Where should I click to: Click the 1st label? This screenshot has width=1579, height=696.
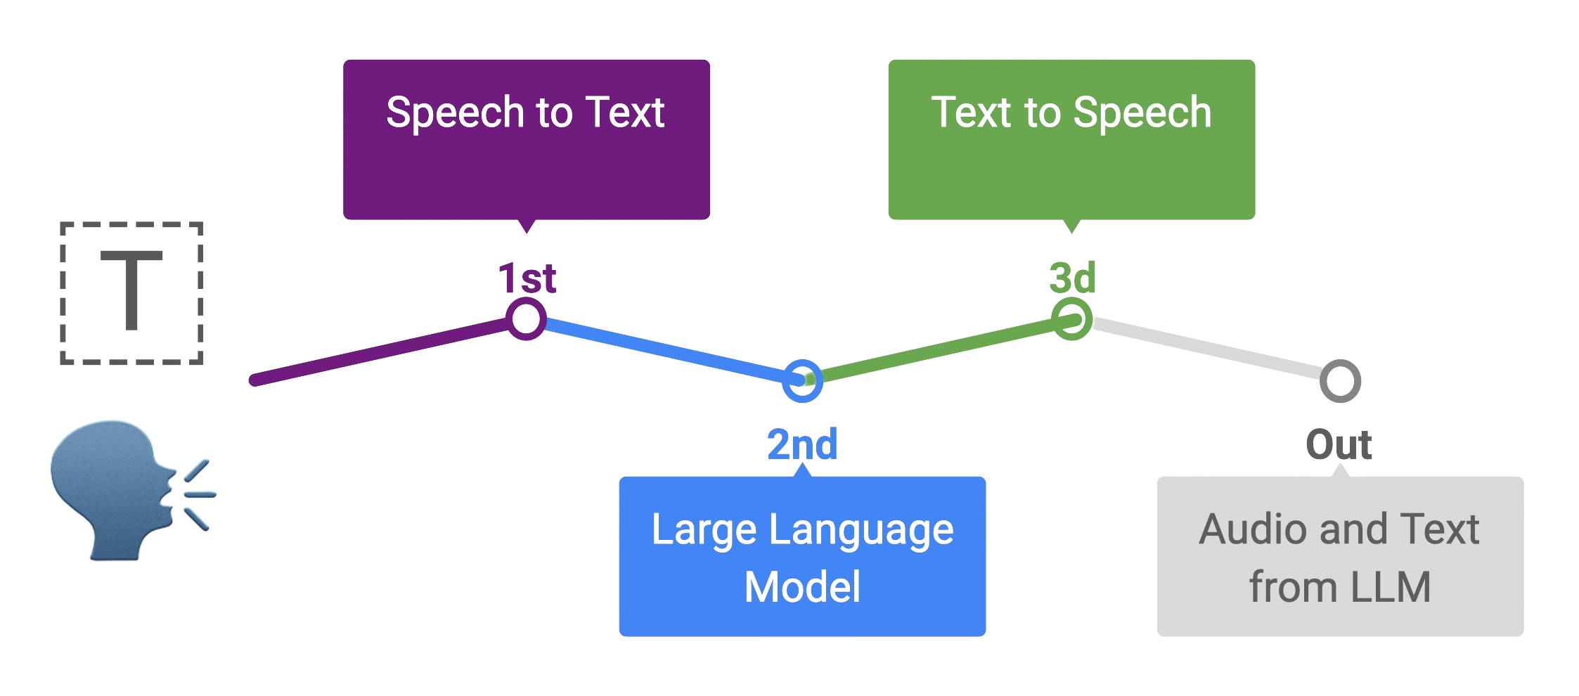[x=527, y=279]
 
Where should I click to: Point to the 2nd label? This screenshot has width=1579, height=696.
[x=802, y=444]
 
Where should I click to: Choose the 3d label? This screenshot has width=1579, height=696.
[x=1072, y=279]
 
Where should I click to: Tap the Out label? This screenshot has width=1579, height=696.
[x=1339, y=444]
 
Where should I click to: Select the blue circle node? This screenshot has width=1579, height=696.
[x=802, y=381]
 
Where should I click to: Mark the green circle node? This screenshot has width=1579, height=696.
[x=1071, y=320]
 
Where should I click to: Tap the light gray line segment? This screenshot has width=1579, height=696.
[x=1206, y=350]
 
